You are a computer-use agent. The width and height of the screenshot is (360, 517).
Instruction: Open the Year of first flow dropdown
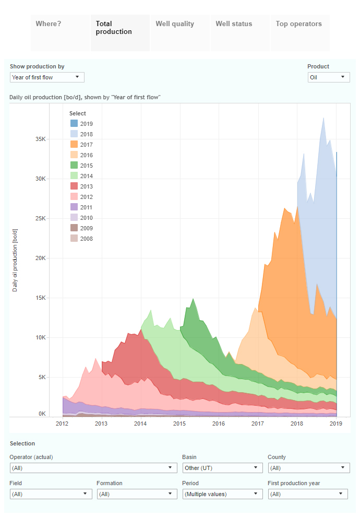[x=47, y=77]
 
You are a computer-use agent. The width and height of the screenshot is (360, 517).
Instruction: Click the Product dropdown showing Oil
[x=328, y=77]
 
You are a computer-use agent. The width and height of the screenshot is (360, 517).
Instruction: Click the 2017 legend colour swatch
[x=74, y=145]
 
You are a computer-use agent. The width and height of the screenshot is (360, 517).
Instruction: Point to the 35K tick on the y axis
[x=41, y=139]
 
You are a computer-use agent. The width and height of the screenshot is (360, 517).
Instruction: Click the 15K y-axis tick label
[x=41, y=298]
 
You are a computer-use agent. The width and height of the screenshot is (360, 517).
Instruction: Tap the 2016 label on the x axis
[x=219, y=424]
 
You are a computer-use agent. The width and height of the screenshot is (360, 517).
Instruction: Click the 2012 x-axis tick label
[x=63, y=424]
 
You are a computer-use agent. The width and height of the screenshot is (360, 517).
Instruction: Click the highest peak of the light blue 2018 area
[x=324, y=118]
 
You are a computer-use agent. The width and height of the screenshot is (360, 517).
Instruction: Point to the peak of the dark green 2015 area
[x=194, y=299]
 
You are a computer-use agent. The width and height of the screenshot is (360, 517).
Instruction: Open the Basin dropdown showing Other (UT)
[x=222, y=468]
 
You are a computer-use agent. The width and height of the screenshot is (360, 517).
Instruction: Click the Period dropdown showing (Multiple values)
[x=222, y=494]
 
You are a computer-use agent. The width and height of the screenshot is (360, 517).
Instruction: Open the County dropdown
[x=308, y=468]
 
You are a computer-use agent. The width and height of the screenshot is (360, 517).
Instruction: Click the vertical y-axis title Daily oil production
[x=15, y=260]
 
